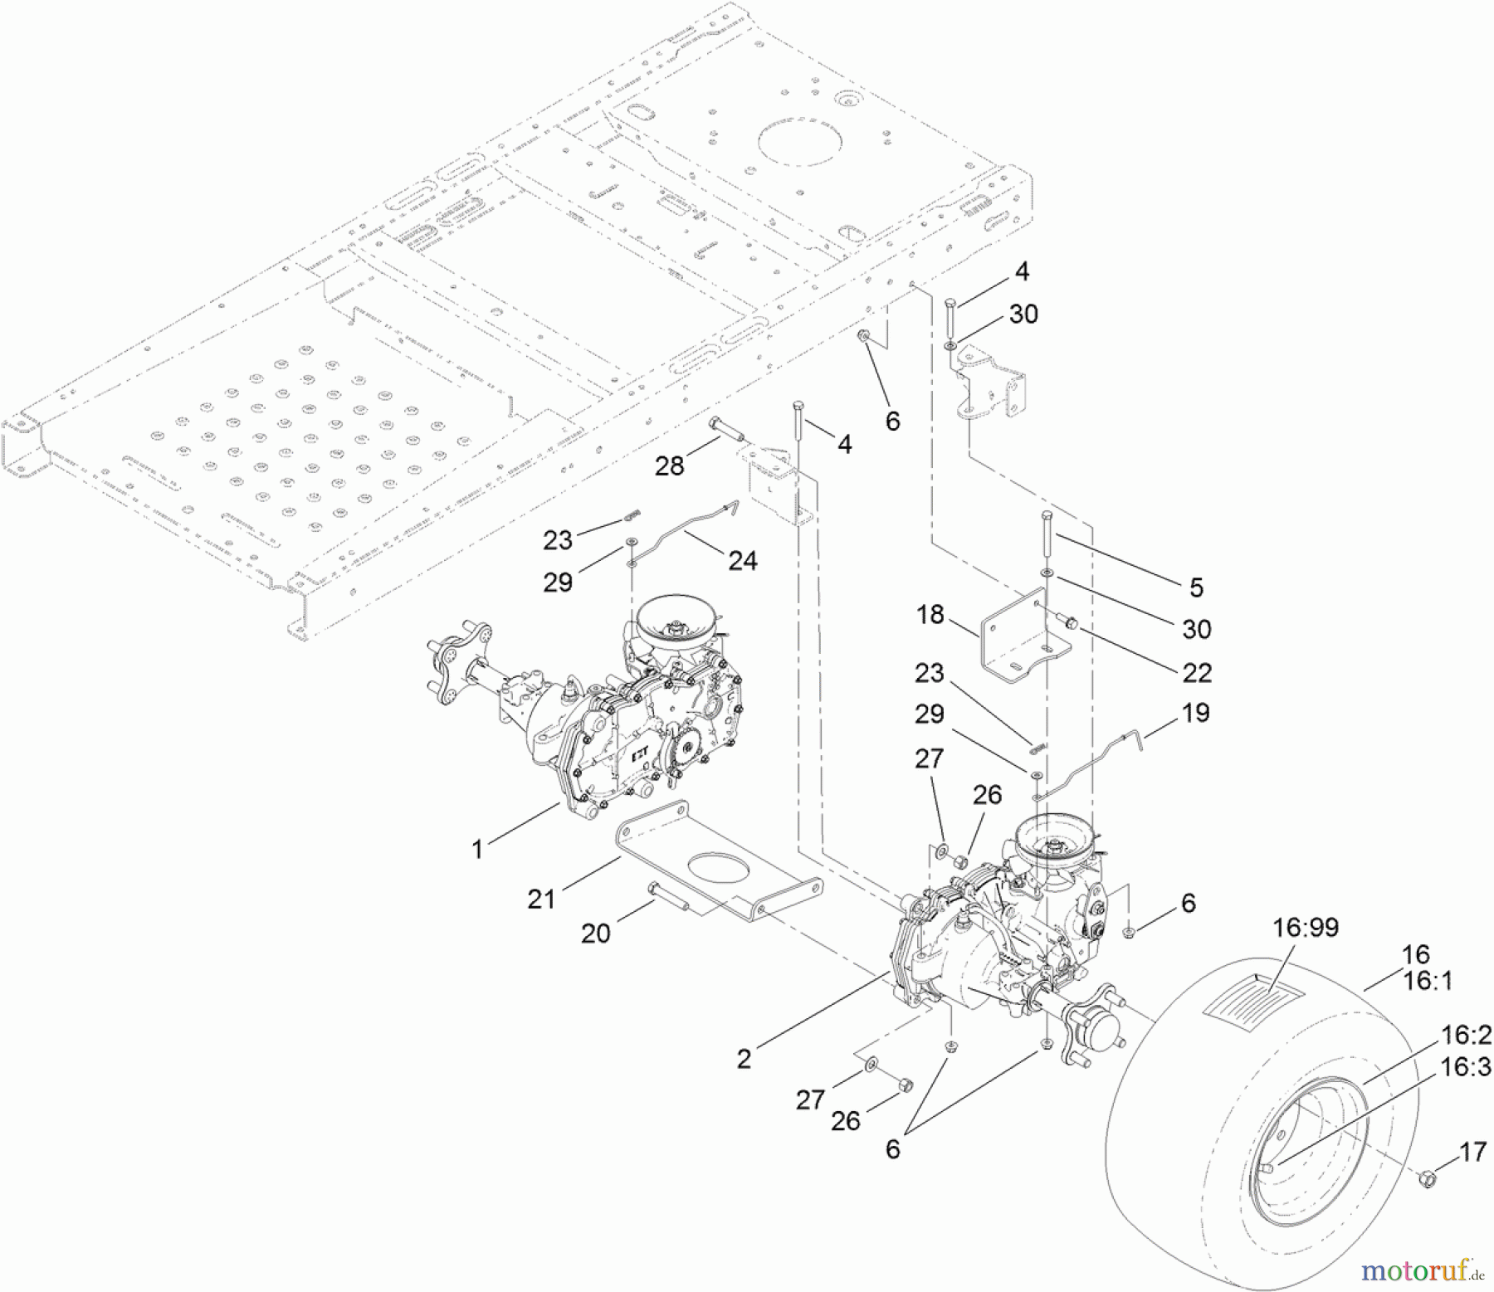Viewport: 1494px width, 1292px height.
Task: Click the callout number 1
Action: coord(477,849)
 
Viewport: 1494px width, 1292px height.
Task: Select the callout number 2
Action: coord(744,1058)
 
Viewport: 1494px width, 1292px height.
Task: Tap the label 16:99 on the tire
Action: coord(1306,927)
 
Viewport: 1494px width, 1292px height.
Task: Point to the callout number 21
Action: coord(541,898)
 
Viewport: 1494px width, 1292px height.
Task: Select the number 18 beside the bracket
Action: coord(930,615)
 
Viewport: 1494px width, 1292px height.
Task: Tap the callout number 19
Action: coord(1194,713)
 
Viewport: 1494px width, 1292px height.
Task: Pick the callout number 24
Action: coord(742,561)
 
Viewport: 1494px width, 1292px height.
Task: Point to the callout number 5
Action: coord(1196,587)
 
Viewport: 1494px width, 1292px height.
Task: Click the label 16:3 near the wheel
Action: coord(1467,1067)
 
